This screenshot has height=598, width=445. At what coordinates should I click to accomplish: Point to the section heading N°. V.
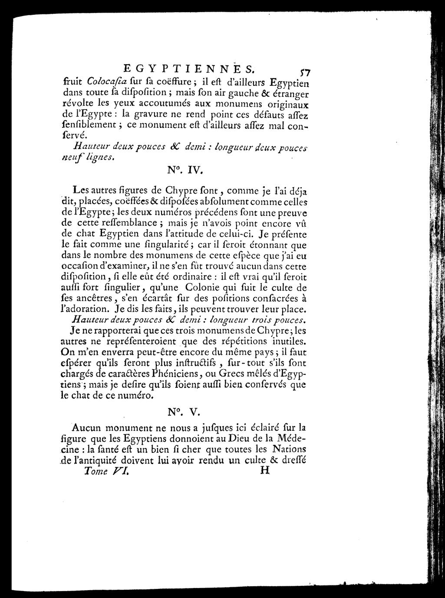click(187, 412)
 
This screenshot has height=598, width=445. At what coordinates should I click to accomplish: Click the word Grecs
click(234, 373)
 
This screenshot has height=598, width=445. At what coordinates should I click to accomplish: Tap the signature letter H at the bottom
click(264, 471)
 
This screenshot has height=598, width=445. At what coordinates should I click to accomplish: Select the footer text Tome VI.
click(106, 472)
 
